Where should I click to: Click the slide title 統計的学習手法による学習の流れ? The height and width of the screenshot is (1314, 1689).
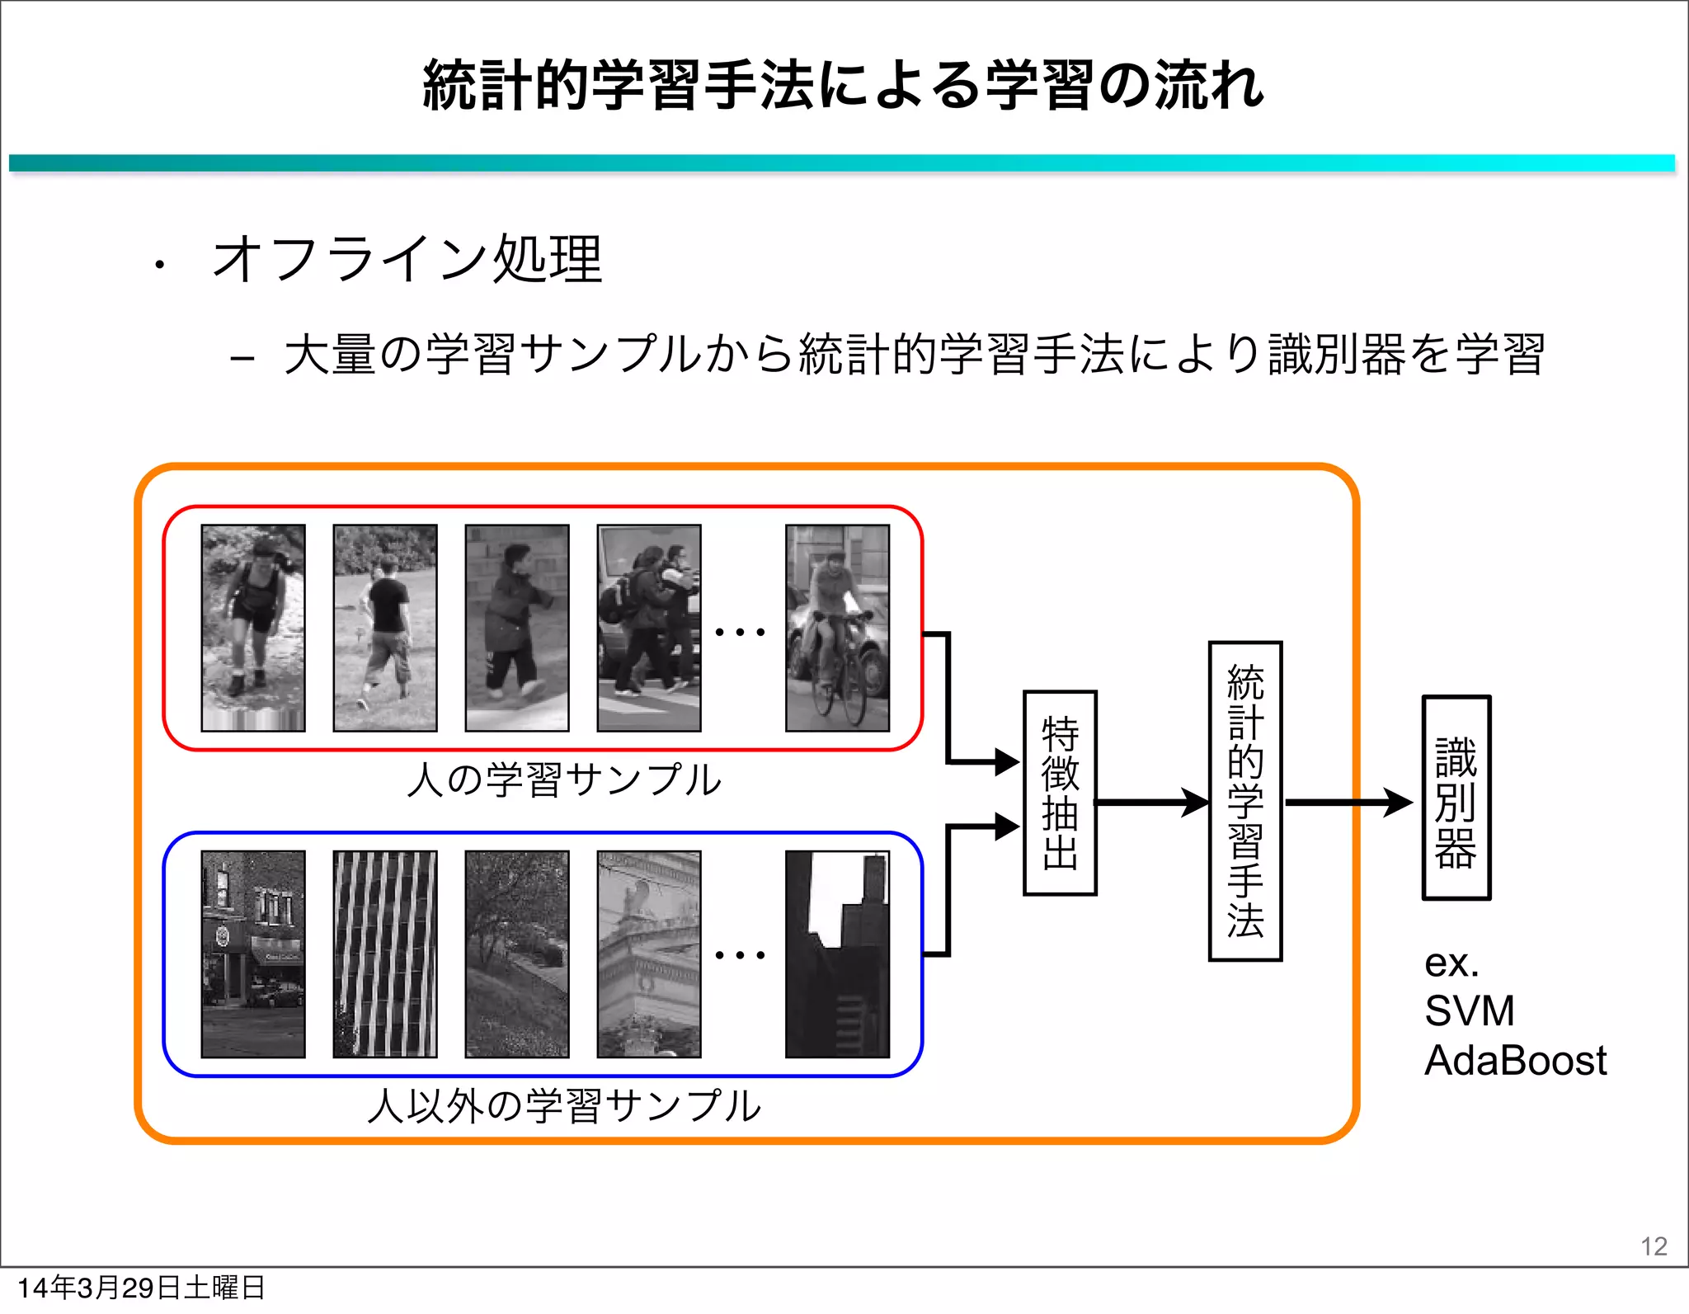coord(843,86)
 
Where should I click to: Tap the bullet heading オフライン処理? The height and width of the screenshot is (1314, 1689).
coord(407,259)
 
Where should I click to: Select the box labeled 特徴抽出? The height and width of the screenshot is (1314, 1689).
coord(1060,793)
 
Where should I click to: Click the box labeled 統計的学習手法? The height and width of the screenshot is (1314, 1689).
coord(1245,801)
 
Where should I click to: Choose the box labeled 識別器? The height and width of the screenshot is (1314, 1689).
coord(1456,798)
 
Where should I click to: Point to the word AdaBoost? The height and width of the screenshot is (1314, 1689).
coord(1515,1060)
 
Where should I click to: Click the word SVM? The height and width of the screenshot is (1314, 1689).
coord(1469,1010)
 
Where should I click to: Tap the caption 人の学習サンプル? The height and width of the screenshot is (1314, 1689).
coord(564,779)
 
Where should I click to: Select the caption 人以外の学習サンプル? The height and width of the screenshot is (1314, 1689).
coord(564,1106)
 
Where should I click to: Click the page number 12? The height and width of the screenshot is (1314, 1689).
coord(1654,1246)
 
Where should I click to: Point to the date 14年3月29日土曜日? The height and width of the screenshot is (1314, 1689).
coord(141,1288)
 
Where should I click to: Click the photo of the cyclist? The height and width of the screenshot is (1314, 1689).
coord(837,628)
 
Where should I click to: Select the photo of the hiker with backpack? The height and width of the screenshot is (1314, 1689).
coord(253,628)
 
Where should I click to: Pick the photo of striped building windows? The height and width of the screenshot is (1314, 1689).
coord(385,954)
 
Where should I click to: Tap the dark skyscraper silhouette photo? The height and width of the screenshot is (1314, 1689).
coord(837,954)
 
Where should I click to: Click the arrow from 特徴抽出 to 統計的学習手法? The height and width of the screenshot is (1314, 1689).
coord(1152,802)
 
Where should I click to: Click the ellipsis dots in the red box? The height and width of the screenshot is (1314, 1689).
coord(740,633)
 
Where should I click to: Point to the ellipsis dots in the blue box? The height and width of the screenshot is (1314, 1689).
coord(740,955)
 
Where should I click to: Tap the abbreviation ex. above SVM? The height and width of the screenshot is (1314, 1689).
coord(1451,963)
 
